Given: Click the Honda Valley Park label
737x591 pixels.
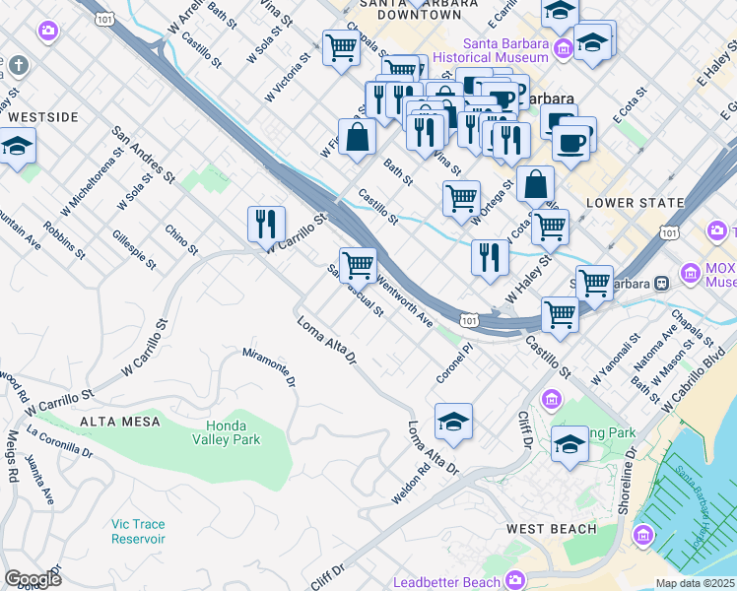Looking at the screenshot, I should (x=227, y=432).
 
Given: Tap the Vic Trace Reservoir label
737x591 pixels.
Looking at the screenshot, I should (x=138, y=531).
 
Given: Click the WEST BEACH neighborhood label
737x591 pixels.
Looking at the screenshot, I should (x=551, y=529).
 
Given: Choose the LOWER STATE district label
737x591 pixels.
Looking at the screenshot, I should (x=635, y=203).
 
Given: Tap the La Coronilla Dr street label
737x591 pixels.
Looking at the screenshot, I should (x=59, y=443).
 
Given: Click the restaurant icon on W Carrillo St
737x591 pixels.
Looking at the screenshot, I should (x=265, y=225).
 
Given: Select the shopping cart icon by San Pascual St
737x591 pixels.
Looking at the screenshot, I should (x=359, y=264).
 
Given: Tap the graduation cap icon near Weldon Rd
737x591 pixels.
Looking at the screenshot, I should (x=453, y=421).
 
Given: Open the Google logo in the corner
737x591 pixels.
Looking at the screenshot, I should (x=33, y=579).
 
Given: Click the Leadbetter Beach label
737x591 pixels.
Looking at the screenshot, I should (x=446, y=582).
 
